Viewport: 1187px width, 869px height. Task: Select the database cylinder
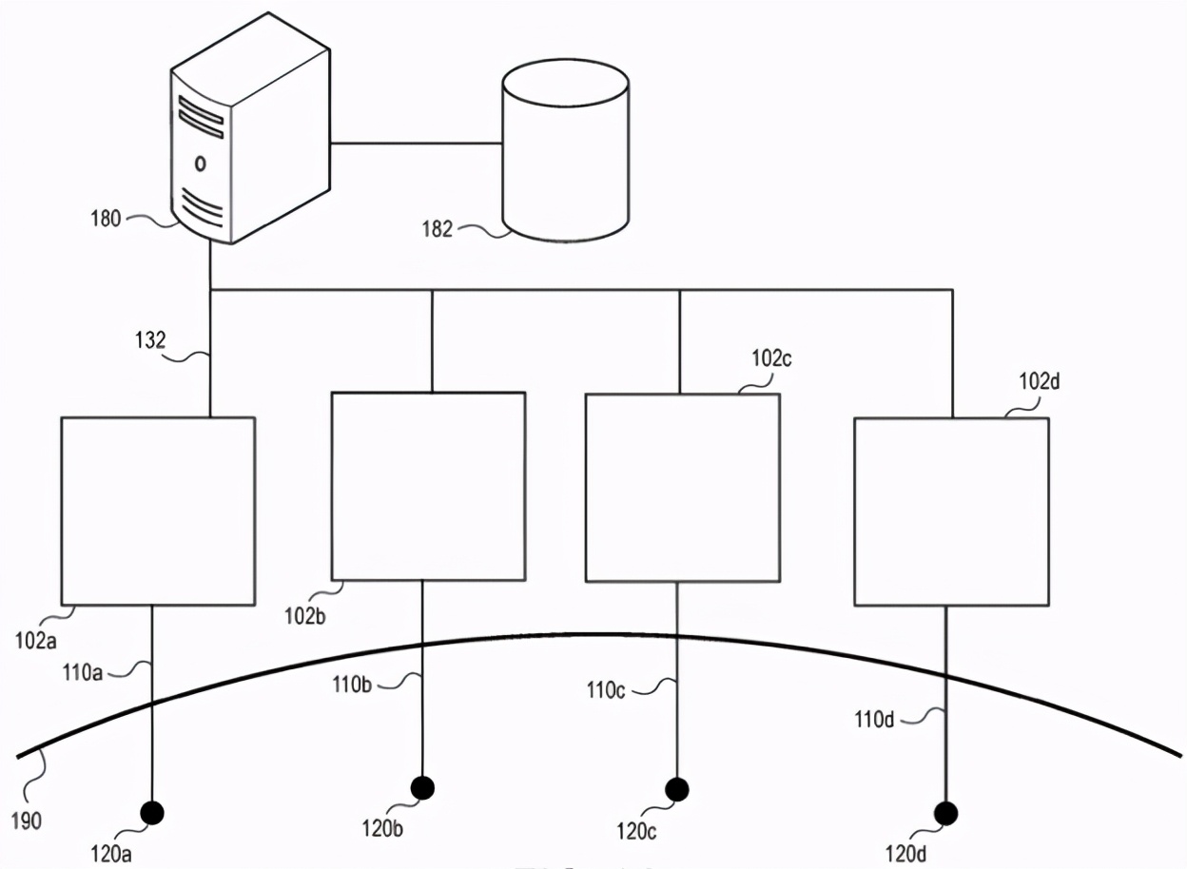[565, 152]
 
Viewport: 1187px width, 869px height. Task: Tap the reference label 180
[106, 219]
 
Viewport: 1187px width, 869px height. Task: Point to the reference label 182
[437, 229]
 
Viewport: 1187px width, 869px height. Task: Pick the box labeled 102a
[158, 511]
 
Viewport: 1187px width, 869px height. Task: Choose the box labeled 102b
[428, 486]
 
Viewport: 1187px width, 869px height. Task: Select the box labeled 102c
[682, 488]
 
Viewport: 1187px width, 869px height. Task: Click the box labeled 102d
[951, 512]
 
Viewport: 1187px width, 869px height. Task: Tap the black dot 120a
[152, 812]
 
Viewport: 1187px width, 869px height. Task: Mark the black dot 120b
[422, 787]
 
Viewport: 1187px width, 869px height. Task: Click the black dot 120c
[677, 788]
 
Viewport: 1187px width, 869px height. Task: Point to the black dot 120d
[945, 813]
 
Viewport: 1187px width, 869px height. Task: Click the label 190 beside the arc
[25, 820]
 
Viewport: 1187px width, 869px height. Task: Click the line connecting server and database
[416, 145]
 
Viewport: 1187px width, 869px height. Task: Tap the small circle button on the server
[200, 164]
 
